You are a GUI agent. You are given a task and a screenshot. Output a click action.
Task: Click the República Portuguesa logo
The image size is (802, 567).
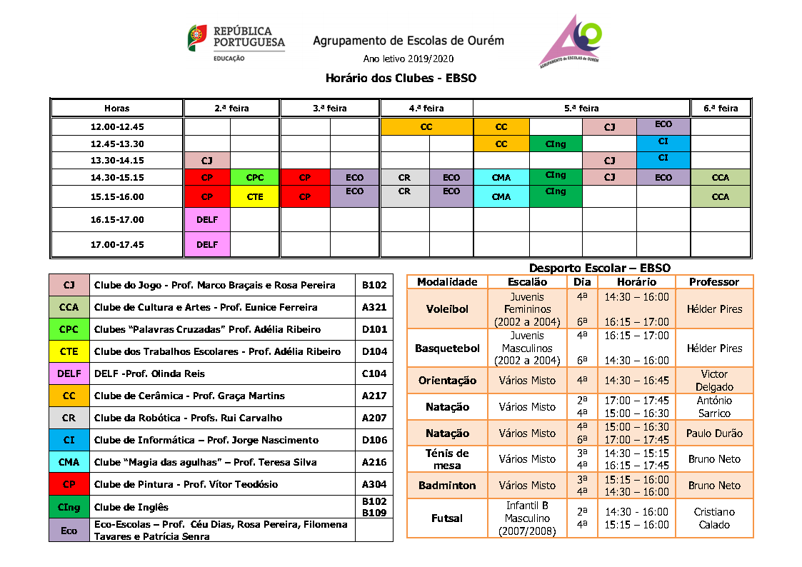(x=236, y=43)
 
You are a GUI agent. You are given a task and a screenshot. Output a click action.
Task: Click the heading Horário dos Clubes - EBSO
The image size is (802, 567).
(x=400, y=78)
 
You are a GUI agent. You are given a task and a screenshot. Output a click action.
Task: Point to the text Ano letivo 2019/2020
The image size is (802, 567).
(x=408, y=59)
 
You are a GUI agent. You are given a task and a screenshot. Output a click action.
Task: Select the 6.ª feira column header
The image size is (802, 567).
(x=721, y=108)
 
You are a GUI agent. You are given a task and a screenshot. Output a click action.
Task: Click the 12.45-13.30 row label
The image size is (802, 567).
(x=117, y=144)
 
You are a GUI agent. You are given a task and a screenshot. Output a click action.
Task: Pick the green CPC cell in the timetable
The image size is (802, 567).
(x=254, y=177)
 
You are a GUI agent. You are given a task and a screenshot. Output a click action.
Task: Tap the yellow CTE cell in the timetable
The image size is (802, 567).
(x=254, y=196)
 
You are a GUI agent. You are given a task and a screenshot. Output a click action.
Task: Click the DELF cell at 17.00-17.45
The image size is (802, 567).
(x=207, y=244)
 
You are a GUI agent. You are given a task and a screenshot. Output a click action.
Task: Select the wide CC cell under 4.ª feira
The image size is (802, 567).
(x=426, y=127)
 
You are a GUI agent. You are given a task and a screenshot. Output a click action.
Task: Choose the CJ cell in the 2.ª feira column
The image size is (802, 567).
(x=207, y=161)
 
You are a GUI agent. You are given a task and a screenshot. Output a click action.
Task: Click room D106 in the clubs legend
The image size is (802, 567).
(x=374, y=440)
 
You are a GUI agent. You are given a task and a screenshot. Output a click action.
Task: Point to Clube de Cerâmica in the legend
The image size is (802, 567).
(x=189, y=396)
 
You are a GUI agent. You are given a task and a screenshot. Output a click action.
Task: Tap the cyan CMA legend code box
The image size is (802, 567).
(x=69, y=462)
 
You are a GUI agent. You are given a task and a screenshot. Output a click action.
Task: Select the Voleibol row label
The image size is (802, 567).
(x=446, y=309)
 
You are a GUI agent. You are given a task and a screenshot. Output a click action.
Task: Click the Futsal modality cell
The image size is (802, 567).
(x=446, y=518)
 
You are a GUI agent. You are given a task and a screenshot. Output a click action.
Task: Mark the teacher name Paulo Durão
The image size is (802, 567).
(x=714, y=433)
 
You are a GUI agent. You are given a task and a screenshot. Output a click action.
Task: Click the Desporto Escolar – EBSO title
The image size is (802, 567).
(x=599, y=268)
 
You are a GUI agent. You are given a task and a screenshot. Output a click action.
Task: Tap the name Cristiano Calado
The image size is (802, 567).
(x=714, y=518)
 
